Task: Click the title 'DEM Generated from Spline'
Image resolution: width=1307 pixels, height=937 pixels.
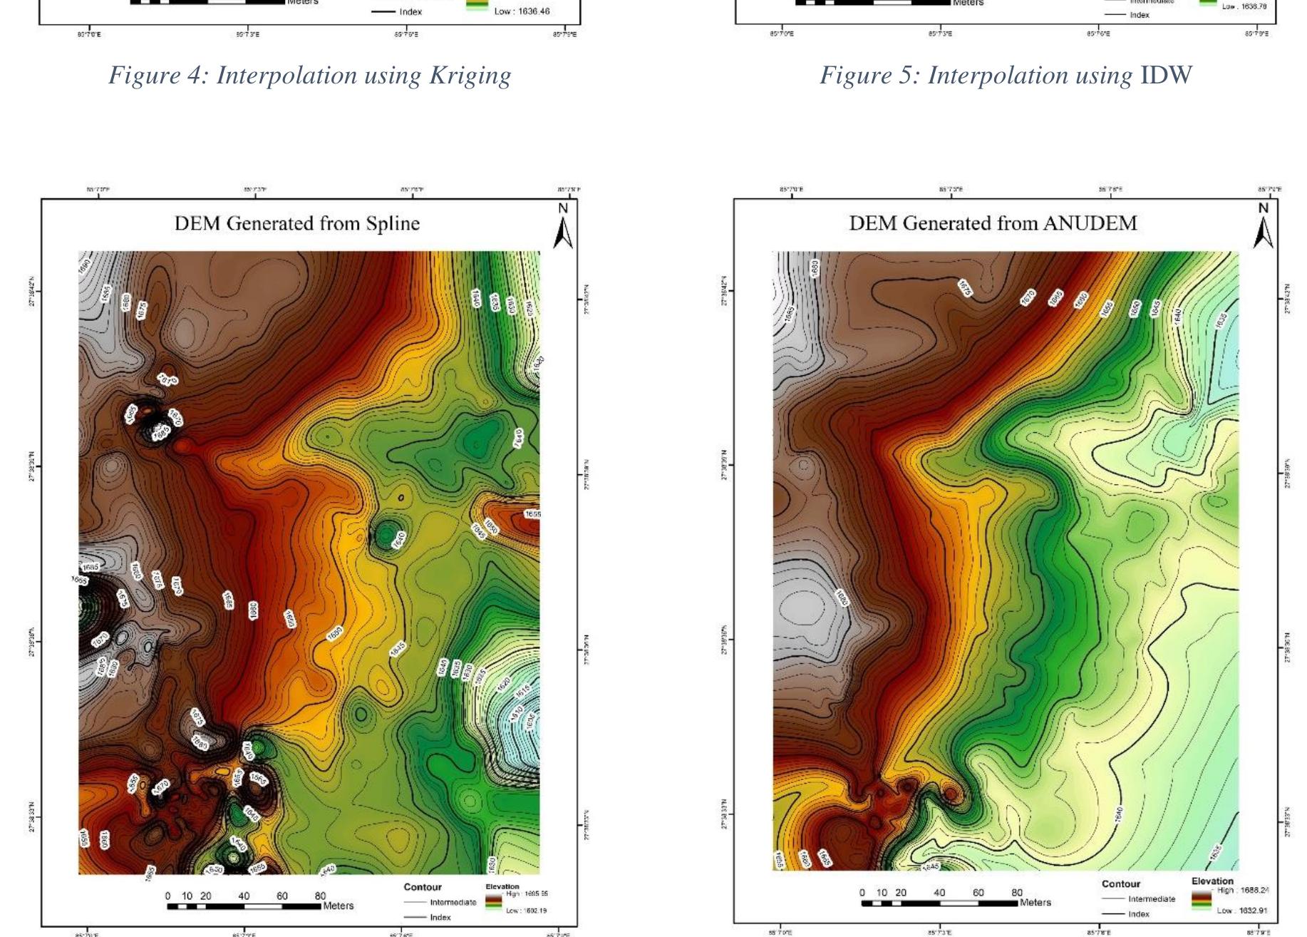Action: point(297,224)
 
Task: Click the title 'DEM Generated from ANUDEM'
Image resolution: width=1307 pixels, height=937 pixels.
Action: point(993,224)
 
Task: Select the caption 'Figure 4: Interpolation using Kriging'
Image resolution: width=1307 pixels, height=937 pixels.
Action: point(310,76)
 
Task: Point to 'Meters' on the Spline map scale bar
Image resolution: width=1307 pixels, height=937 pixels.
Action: point(338,906)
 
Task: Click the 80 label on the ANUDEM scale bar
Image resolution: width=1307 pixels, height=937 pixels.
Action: point(1017,893)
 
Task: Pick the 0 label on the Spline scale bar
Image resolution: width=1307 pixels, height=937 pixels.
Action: point(168,896)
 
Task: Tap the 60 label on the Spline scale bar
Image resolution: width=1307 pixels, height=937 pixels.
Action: point(282,896)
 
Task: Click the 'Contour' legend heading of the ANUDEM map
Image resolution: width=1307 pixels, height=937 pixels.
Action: point(1121,884)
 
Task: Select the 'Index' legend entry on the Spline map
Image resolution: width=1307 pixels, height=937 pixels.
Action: point(440,917)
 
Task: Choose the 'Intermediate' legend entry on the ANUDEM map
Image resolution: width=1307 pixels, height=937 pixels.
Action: point(1151,899)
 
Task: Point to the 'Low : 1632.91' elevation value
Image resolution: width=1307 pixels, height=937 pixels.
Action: point(1242,911)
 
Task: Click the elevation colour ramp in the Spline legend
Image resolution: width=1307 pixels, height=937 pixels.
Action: point(492,902)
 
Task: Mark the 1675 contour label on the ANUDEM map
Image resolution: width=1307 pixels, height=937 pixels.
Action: point(965,287)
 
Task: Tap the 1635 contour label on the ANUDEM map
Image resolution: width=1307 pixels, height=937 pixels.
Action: point(1221,319)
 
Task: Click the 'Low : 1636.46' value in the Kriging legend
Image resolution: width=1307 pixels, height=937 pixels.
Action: point(522,11)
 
